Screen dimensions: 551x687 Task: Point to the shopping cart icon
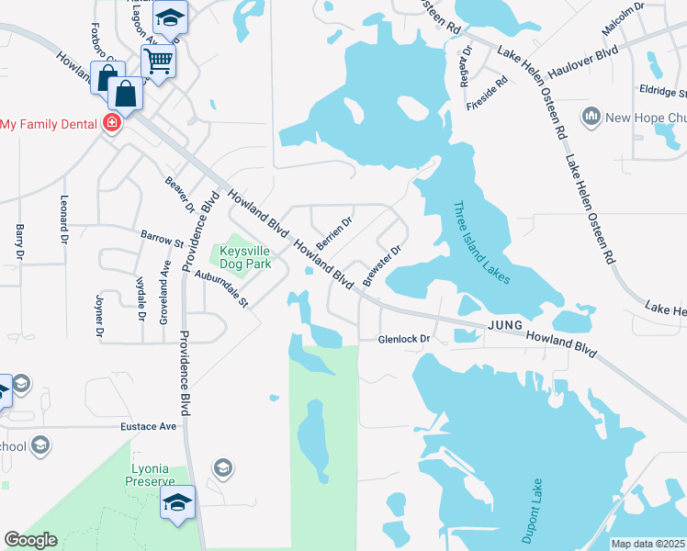click(158, 62)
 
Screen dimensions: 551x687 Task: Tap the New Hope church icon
click(591, 117)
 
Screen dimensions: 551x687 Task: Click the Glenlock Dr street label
click(405, 340)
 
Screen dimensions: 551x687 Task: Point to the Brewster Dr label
click(383, 265)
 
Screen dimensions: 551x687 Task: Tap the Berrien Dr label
click(334, 233)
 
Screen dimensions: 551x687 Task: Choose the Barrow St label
click(163, 240)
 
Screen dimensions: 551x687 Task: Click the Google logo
click(30, 540)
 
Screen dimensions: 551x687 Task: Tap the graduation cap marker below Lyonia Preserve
click(178, 501)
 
